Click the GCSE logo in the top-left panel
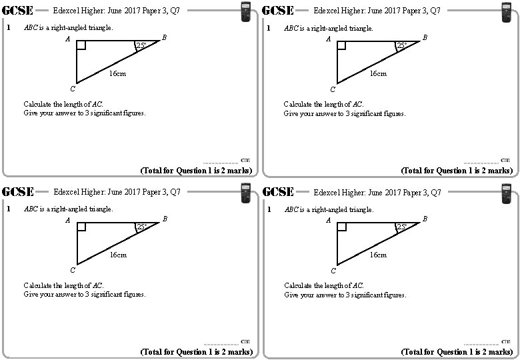point(19,10)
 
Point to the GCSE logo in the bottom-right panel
point(279,192)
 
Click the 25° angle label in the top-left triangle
point(141,46)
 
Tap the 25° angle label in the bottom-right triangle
point(401,228)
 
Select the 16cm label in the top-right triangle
point(378,73)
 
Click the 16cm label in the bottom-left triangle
point(117,255)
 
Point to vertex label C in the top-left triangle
point(73,89)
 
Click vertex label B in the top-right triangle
point(425,38)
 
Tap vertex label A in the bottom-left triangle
point(68,221)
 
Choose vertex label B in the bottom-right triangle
point(425,219)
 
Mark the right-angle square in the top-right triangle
point(342,45)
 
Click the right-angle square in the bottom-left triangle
point(81,227)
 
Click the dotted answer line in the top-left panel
point(220,162)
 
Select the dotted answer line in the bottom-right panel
point(481,343)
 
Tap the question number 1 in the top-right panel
point(268,28)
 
